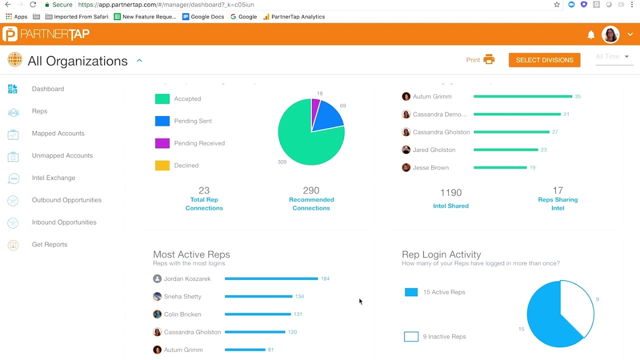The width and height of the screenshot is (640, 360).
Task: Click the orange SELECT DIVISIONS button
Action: tap(544, 60)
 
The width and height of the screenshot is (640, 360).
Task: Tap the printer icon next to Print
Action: tap(489, 59)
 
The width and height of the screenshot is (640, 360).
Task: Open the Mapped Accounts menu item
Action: tap(58, 133)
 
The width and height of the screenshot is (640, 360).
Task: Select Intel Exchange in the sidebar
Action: tap(53, 178)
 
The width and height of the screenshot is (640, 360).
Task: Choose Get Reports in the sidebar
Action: tap(49, 244)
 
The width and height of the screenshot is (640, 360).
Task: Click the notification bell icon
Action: tap(591, 34)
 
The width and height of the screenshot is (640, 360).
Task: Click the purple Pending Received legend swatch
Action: tap(162, 143)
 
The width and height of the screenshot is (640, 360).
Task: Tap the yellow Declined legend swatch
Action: tap(162, 165)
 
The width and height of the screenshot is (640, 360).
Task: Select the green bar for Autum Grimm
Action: tap(522, 96)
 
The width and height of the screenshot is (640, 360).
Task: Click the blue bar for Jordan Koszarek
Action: tap(271, 279)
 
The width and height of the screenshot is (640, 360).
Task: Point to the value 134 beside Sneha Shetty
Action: tap(299, 296)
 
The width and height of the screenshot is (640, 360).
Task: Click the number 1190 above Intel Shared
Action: tap(450, 193)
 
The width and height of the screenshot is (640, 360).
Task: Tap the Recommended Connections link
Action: tap(311, 203)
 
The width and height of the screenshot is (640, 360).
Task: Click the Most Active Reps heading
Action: tap(191, 254)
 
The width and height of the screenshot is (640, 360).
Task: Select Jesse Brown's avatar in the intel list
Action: tap(406, 168)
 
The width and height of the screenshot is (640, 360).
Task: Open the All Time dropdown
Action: tap(612, 57)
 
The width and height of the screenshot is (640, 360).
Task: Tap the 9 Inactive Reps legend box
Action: tap(411, 337)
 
